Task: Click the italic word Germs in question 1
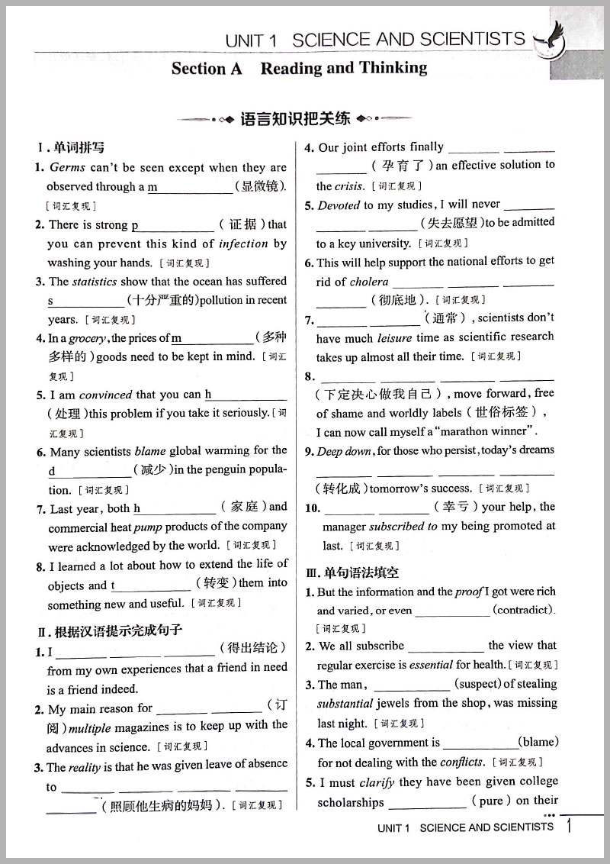68,167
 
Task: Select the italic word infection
243,243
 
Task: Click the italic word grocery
88,338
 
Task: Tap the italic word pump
148,527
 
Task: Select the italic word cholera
369,282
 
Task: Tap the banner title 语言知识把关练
295,118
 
